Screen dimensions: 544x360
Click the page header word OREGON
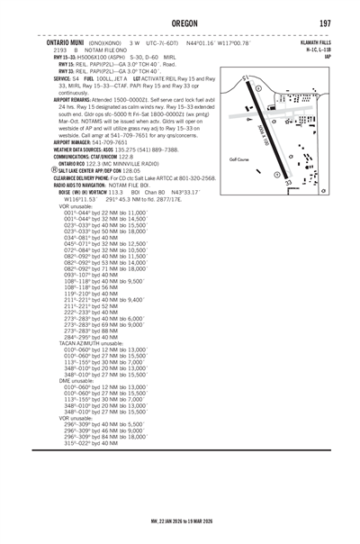(x=179, y=23)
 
